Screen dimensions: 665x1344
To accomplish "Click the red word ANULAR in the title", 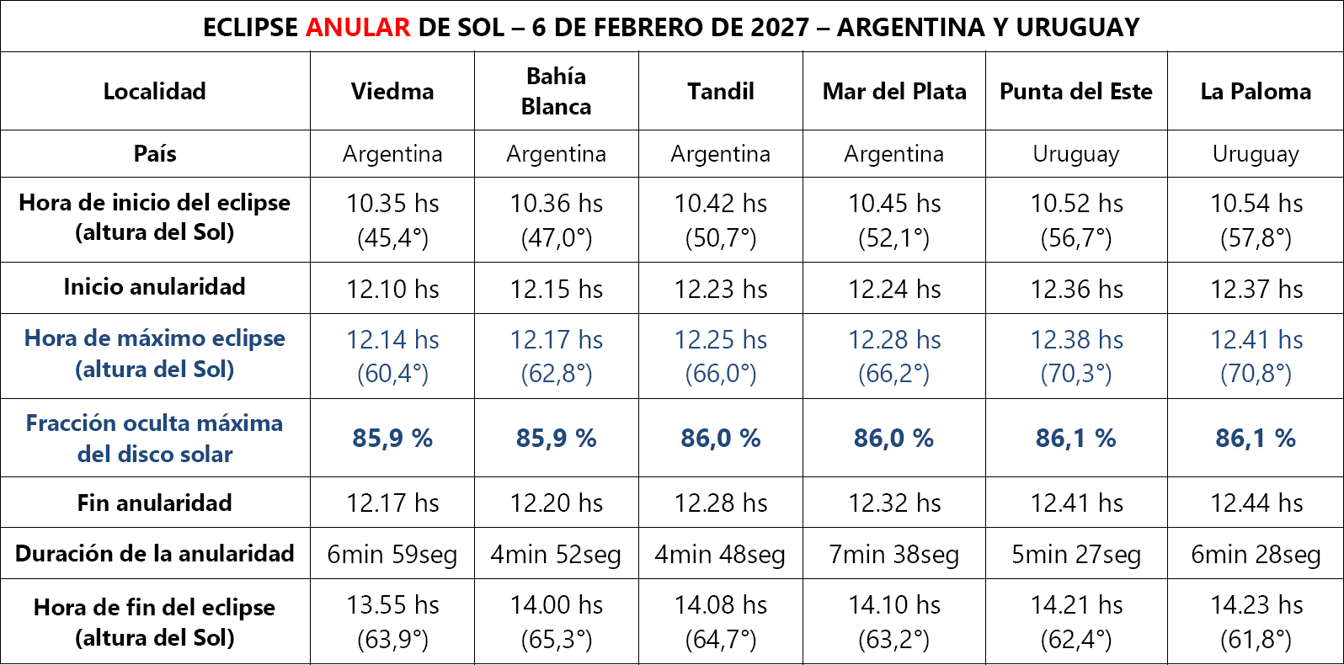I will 357,27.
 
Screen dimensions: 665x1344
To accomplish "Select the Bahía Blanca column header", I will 556,91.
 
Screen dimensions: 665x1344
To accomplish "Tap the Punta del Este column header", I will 1075,91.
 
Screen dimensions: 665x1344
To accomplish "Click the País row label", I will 155,153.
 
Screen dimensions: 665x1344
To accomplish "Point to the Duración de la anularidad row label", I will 155,553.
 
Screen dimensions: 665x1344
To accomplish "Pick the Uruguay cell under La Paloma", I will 1255,154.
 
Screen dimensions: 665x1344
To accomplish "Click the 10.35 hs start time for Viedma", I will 392,203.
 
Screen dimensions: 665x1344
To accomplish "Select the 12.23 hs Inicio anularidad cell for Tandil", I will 720,289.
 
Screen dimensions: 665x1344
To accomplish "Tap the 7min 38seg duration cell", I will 893,554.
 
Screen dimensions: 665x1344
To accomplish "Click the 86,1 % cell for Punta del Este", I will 1075,438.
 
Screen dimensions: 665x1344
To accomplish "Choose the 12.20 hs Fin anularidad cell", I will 556,503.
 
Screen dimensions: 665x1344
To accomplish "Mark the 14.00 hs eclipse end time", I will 556,604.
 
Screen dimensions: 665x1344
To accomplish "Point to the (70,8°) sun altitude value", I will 1255,373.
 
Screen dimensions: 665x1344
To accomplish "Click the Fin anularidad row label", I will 155,503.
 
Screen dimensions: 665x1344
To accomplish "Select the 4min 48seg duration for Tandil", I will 720,554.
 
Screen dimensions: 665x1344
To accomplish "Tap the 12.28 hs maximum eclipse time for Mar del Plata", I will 893,339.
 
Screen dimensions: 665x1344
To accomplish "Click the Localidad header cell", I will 155,91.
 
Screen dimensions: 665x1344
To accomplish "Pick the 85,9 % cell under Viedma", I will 392,438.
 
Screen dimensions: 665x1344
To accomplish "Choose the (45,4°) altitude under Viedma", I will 392,238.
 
